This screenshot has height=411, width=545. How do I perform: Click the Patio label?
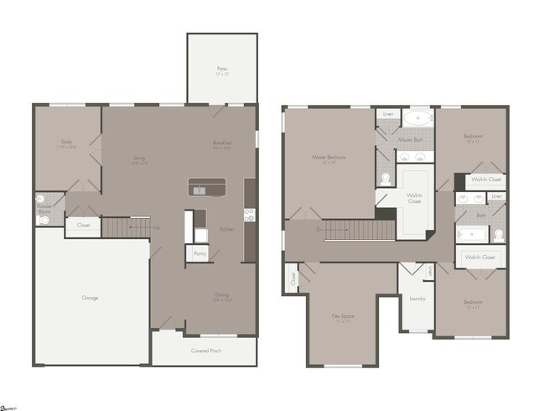(222, 69)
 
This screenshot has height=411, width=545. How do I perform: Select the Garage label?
(91, 298)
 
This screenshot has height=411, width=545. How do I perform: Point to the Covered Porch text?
(205, 351)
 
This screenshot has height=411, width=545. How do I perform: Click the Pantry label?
(200, 252)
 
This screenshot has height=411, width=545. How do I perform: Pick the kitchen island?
(207, 186)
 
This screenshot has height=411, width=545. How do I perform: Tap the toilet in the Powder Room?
(39, 202)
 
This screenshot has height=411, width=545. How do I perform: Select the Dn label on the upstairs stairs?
(319, 227)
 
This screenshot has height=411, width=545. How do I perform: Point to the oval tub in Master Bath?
(417, 118)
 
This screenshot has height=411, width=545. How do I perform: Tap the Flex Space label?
(342, 316)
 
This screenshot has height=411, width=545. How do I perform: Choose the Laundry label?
(418, 298)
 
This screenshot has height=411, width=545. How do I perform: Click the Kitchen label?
(226, 228)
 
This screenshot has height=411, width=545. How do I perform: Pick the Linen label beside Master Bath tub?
(387, 113)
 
